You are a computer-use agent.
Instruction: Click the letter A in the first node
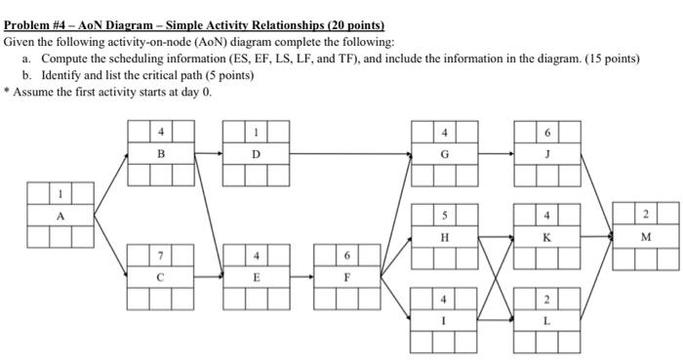tap(60, 217)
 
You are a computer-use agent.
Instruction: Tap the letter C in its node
tap(161, 276)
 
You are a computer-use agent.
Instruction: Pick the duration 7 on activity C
tap(161, 256)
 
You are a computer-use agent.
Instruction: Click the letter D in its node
tap(256, 154)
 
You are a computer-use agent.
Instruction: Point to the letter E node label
tap(256, 276)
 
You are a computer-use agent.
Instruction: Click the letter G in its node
tap(445, 154)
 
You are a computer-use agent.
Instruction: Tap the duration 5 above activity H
tap(445, 216)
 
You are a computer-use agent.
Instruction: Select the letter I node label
tap(445, 319)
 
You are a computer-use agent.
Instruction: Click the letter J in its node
tap(547, 154)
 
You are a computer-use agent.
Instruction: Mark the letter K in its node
tap(547, 237)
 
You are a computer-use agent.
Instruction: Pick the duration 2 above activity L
tap(547, 299)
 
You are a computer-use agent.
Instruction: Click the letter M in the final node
tap(646, 237)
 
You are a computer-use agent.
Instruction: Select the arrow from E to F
tap(302, 276)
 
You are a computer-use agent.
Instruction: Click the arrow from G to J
tap(496, 154)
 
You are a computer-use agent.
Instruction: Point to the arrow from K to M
tap(596, 237)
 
